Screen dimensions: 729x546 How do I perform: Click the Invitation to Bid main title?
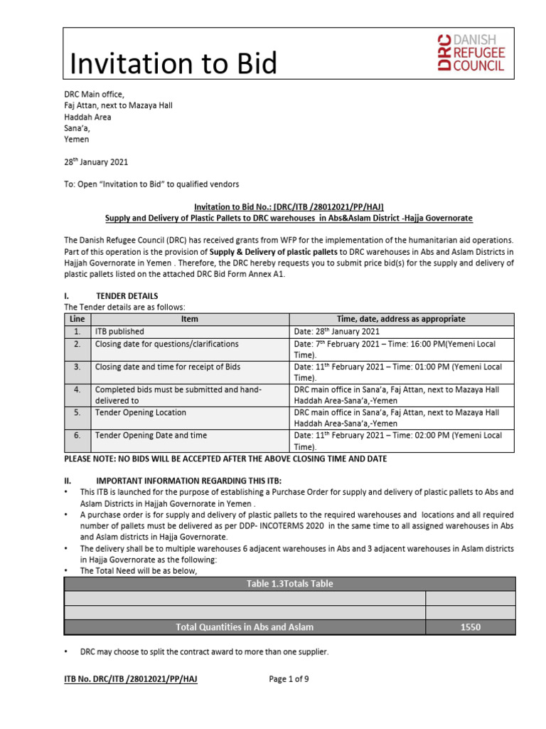tap(173, 64)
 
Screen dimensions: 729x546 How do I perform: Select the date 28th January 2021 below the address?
tap(96, 162)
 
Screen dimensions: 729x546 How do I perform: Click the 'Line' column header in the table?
tap(77, 320)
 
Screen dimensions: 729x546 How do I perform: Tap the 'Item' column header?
tap(190, 320)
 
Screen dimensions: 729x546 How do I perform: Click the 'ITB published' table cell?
tap(119, 331)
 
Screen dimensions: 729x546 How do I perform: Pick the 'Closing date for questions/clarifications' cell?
tap(167, 344)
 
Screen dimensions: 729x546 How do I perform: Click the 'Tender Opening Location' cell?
tap(141, 412)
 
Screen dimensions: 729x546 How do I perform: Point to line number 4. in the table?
tap(77, 389)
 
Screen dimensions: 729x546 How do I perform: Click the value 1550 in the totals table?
tap(470, 627)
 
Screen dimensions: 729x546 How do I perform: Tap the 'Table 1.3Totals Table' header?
tap(289, 584)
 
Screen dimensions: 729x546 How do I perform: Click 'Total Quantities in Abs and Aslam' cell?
tap(245, 627)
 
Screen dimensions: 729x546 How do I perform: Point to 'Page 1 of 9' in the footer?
tap(289, 679)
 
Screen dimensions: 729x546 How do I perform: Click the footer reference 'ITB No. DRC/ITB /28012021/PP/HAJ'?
tap(131, 679)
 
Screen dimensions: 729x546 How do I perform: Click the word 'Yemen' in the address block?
tap(77, 140)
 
